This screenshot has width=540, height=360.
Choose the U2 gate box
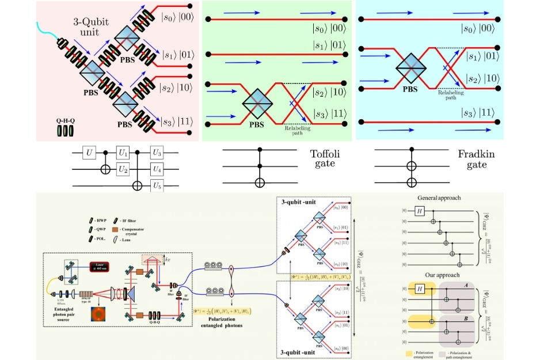click(x=123, y=169)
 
